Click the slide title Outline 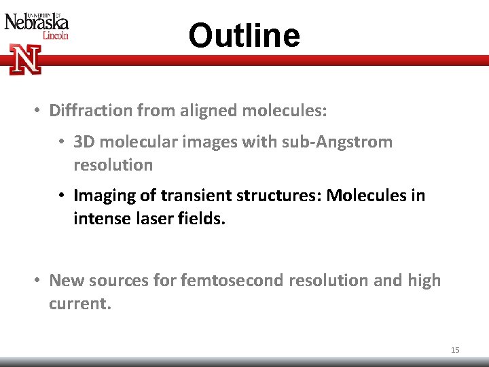244,35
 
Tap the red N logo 25,59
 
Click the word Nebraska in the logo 37,23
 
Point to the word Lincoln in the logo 55,35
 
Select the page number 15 455,350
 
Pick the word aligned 207,109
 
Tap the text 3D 84,142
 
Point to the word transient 191,196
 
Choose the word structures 276,196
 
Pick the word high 424,280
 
